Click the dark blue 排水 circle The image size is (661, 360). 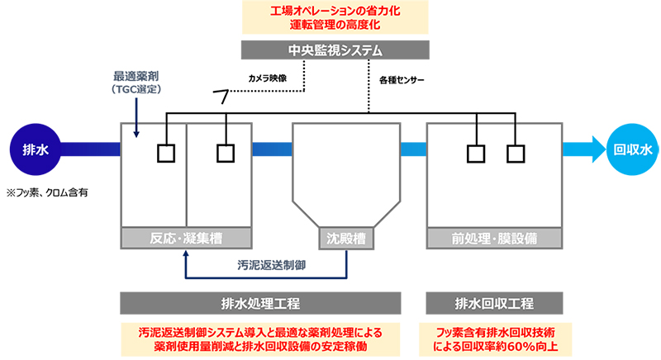(x=36, y=149)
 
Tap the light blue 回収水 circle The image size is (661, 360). (x=632, y=149)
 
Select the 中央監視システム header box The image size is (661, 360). (x=335, y=50)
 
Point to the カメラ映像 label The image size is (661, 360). (x=268, y=78)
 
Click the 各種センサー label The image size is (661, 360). (x=402, y=80)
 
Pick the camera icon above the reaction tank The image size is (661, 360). (x=221, y=97)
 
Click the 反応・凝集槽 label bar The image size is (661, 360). (x=186, y=239)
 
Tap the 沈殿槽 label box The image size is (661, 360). (x=346, y=239)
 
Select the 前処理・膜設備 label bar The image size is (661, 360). (x=494, y=239)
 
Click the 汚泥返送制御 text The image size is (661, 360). (x=272, y=265)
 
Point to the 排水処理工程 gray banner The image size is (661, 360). (x=260, y=303)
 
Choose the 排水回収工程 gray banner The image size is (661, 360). (x=494, y=303)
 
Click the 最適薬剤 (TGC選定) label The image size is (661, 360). (x=136, y=83)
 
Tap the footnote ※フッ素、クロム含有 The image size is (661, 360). (x=47, y=193)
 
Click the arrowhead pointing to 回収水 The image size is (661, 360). (x=599, y=149)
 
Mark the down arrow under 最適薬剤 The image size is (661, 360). (x=136, y=118)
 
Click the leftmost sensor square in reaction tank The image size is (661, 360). (x=166, y=154)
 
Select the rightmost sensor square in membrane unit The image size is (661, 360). (x=516, y=154)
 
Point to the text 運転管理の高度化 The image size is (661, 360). (x=335, y=25)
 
